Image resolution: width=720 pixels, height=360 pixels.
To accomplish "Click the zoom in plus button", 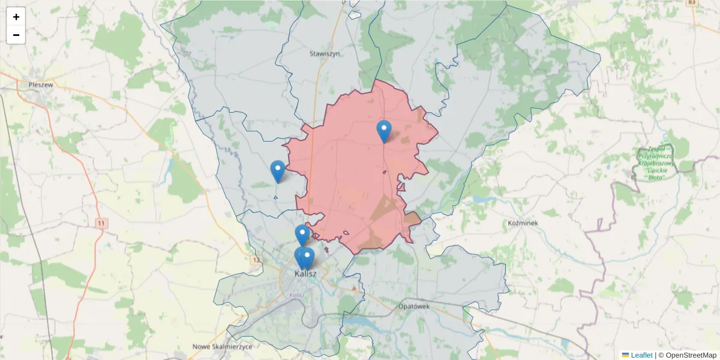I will click(16, 17).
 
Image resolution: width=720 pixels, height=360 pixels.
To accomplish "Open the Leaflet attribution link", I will click(641, 355).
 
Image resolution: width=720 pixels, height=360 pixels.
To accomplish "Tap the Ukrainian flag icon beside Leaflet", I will click(625, 355).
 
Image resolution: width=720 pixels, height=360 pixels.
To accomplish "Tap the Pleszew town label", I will click(41, 85).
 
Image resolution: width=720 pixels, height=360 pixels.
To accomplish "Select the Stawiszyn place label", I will click(325, 53).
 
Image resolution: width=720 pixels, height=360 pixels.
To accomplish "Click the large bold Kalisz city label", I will click(305, 274).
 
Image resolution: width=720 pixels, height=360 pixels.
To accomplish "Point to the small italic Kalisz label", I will click(296, 295).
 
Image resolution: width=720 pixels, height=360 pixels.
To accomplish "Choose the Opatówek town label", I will click(414, 306).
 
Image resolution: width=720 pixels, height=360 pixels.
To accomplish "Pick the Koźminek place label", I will click(522, 223).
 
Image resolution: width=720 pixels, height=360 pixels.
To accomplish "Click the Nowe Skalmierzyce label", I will click(223, 347).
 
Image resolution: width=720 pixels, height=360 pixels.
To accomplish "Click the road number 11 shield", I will click(101, 223).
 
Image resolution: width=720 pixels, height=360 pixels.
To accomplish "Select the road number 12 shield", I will click(257, 260).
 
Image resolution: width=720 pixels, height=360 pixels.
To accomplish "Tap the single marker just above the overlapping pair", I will click(302, 235).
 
